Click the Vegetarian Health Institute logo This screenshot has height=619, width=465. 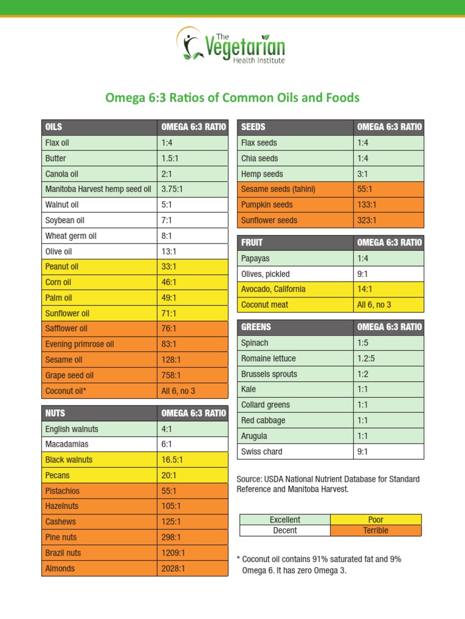click(x=231, y=45)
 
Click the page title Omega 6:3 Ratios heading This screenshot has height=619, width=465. click(x=232, y=97)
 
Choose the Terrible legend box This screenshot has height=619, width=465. click(x=376, y=531)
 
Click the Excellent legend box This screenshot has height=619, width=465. click(x=285, y=520)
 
